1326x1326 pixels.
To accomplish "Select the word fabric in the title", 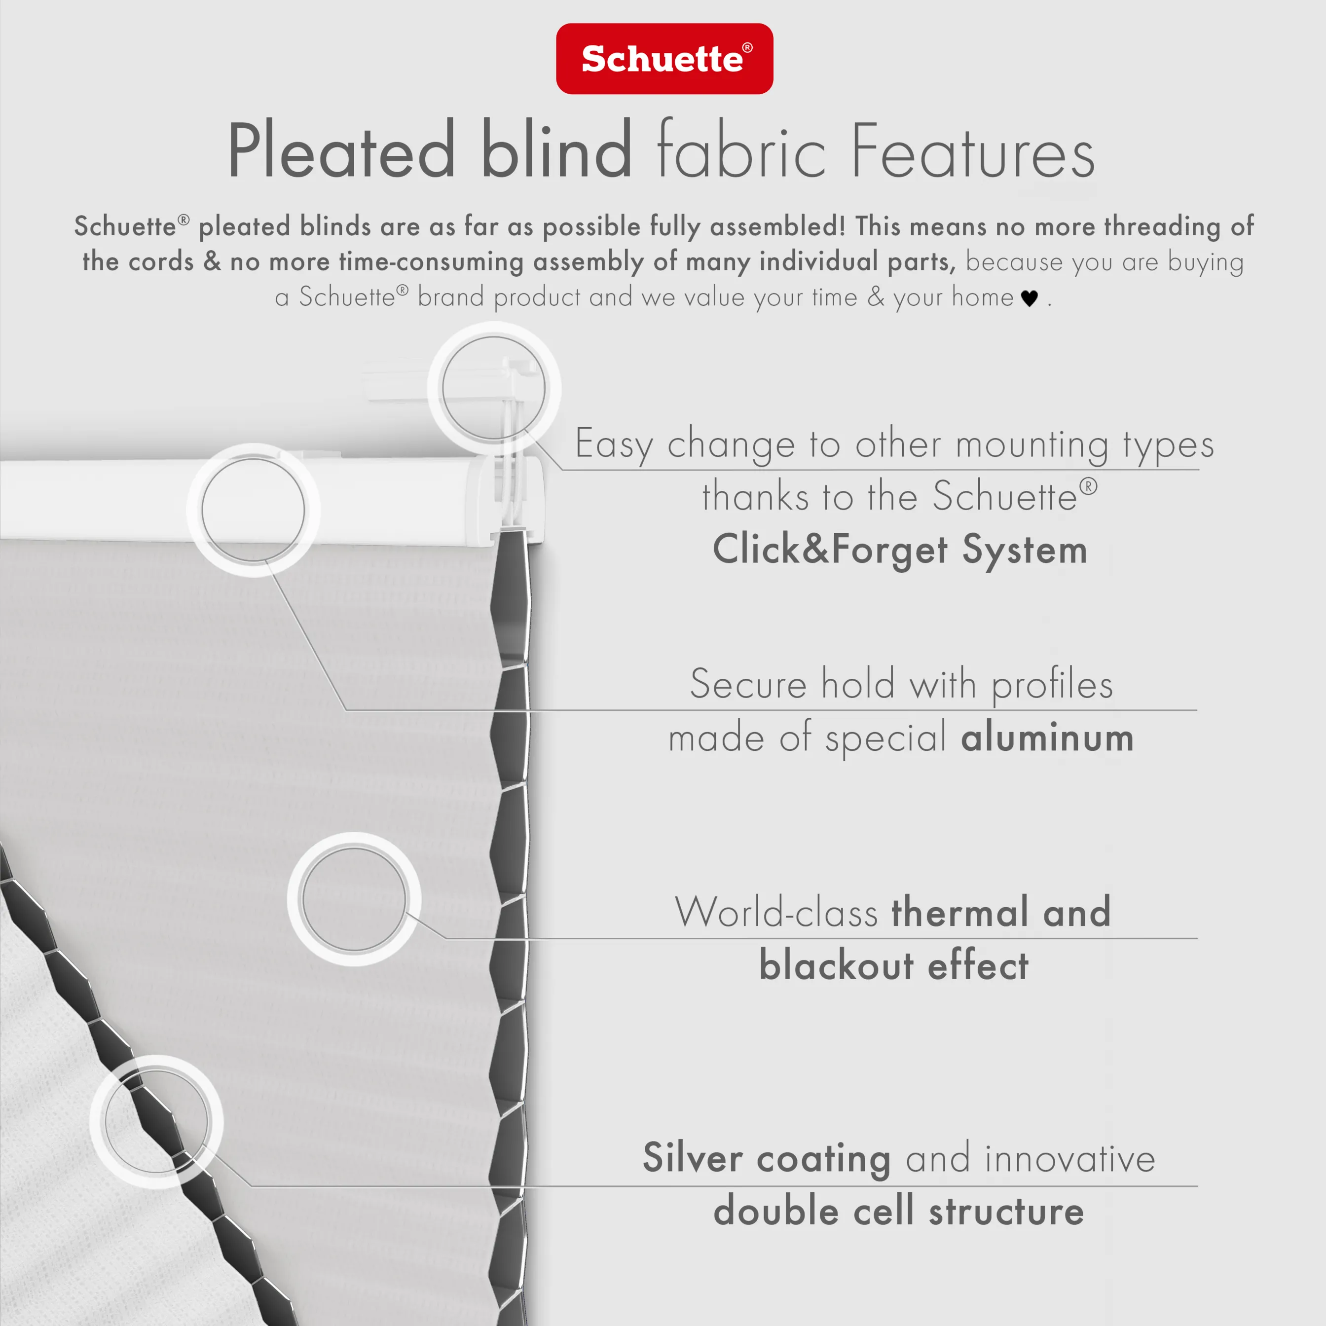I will tap(741, 149).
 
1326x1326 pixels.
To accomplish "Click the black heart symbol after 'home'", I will tap(1029, 298).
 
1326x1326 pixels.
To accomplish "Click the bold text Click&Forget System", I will tap(900, 550).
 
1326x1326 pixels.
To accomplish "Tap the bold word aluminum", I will tap(1047, 738).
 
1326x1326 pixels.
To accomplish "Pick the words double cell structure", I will tap(898, 1211).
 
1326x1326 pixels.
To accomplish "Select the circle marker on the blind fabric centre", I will tap(354, 899).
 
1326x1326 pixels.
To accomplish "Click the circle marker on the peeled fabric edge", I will tap(156, 1121).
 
